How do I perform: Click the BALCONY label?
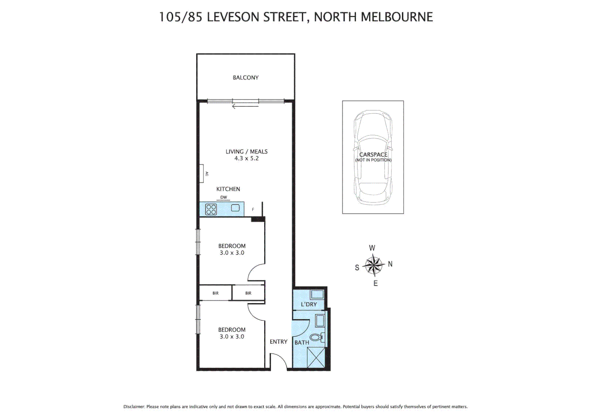point(246,78)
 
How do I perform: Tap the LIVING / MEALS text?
point(246,152)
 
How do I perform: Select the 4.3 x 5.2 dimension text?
point(246,158)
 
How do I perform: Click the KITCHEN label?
point(228,189)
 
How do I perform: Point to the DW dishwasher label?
point(224,197)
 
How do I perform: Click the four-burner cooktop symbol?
point(211,209)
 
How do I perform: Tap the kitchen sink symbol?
point(235,208)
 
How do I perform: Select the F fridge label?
point(253,209)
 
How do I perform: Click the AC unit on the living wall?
point(202,173)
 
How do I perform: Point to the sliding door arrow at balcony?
point(245,106)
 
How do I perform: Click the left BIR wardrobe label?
point(215,293)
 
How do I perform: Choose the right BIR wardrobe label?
point(248,293)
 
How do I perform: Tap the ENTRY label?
point(278,342)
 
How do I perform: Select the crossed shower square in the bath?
point(316,358)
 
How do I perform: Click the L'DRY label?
point(309,304)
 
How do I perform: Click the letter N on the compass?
point(390,264)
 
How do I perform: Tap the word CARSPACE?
point(373,154)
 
